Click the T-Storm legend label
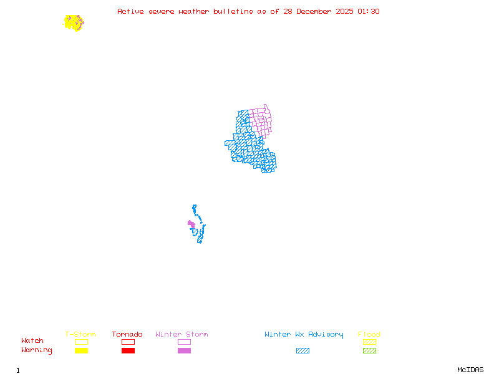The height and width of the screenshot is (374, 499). [80, 335]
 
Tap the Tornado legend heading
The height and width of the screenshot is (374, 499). [127, 335]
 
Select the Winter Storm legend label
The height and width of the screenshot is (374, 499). [182, 335]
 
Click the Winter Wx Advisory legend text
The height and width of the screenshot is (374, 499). [304, 335]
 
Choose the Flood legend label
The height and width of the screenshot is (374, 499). [369, 335]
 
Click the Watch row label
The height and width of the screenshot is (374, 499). [32, 341]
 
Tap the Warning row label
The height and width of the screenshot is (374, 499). [37, 350]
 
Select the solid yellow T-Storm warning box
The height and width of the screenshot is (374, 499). [81, 351]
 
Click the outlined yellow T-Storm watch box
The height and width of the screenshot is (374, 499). [81, 342]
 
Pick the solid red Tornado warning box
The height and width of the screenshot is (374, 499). [128, 351]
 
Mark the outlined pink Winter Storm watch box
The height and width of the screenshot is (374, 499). [184, 342]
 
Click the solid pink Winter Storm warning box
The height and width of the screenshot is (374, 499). [184, 351]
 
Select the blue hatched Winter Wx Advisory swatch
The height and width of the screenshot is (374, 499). [303, 351]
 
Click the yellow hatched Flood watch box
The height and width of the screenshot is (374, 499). [369, 342]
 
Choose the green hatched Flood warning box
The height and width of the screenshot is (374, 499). [369, 351]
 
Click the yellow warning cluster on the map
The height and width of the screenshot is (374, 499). [73, 22]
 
